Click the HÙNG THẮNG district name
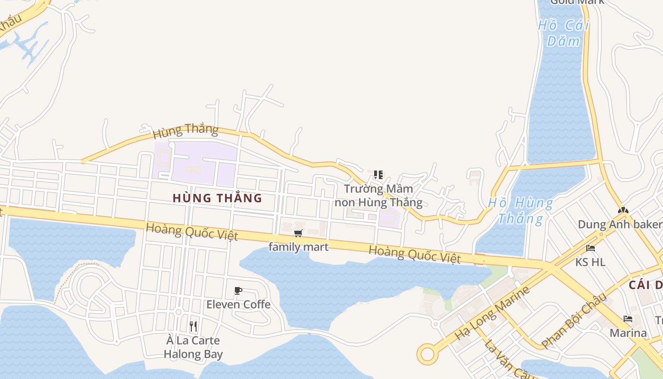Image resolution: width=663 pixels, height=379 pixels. point(217,198)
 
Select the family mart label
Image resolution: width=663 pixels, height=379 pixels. point(298,247)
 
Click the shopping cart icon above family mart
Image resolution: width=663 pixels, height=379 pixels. point(298,233)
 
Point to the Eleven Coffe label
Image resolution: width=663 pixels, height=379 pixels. point(238,304)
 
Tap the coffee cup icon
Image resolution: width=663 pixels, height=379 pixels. point(238,290)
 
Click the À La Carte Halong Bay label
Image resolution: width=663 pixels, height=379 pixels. point(193,347)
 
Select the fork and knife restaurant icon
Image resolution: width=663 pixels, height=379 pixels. point(193,326)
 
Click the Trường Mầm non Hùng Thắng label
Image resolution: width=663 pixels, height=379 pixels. point(378,196)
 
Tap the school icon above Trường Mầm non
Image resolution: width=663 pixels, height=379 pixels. point(378,175)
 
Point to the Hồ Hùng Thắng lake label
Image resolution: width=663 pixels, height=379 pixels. point(520,211)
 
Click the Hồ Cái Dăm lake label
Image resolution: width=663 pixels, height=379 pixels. point(563,33)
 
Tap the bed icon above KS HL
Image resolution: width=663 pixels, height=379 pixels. point(590,248)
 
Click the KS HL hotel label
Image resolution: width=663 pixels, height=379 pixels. point(590,262)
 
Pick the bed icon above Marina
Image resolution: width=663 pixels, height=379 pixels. point(628,319)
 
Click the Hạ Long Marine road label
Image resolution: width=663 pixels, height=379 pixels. point(492,313)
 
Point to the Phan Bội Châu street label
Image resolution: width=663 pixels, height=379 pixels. point(574,320)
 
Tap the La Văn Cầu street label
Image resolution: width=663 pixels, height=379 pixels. point(502,358)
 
